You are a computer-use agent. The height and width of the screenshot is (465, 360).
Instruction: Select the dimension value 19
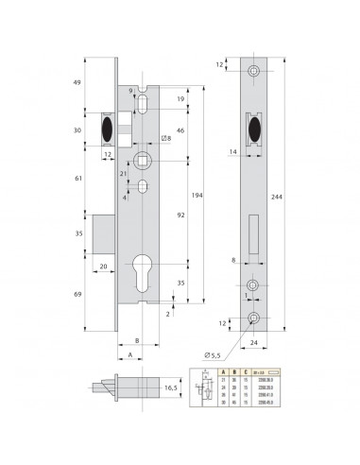point(180,97)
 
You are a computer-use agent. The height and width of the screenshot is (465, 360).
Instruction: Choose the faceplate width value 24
point(252,345)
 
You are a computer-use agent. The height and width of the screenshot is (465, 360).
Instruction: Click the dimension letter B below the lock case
point(136,341)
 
